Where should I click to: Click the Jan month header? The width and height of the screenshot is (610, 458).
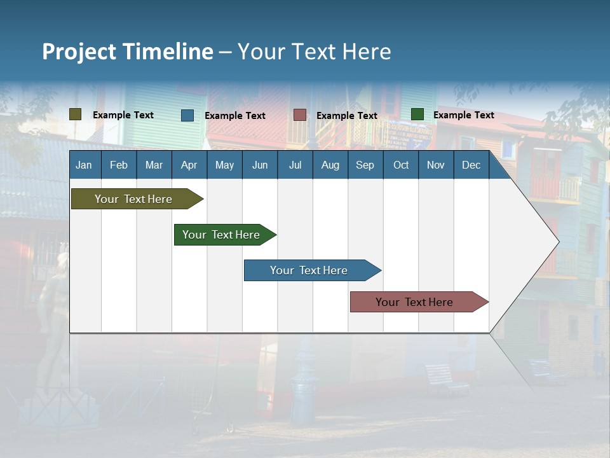[84, 165]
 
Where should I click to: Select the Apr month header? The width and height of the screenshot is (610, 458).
[189, 165]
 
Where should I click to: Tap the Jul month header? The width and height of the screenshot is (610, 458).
[295, 165]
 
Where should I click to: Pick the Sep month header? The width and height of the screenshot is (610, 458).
[365, 165]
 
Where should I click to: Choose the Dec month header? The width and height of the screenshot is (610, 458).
[471, 165]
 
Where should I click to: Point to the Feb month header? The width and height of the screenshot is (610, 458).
[119, 165]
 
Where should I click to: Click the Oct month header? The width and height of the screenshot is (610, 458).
[401, 165]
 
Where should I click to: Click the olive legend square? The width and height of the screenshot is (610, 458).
[75, 114]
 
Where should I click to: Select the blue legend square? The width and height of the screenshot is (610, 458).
[187, 115]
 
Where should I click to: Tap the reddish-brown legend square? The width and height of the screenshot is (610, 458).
[300, 115]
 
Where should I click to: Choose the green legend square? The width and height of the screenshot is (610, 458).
[417, 114]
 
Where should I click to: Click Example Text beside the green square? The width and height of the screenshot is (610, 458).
[463, 114]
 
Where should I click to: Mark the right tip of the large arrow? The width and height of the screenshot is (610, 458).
[558, 241]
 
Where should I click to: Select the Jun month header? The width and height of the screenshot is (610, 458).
[260, 165]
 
